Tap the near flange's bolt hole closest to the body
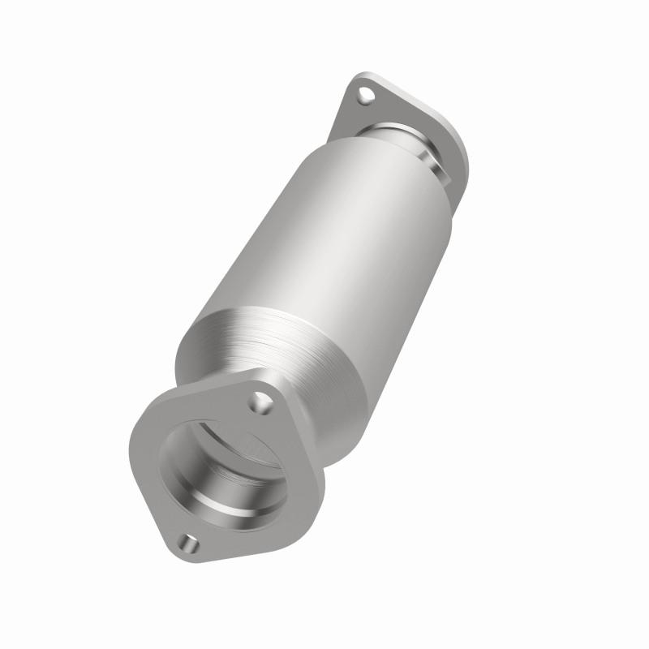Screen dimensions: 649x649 pyautogui.click(x=260, y=400)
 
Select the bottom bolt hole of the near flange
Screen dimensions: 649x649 pyautogui.click(x=190, y=541)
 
